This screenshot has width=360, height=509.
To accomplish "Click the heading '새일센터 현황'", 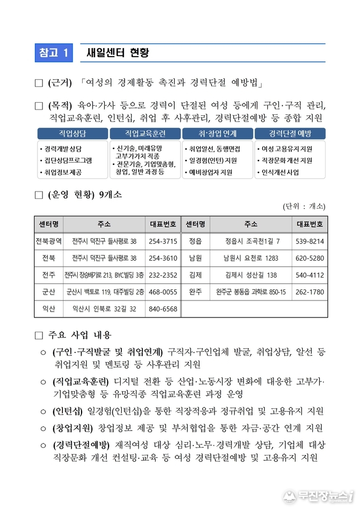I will tap(118, 52).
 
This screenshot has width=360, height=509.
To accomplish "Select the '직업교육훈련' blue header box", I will tap(145, 133).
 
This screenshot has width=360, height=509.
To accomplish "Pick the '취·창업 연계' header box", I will tap(217, 133).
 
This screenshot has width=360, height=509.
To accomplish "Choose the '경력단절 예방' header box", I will tap(290, 133).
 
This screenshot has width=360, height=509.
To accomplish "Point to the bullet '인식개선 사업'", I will tap(280, 172).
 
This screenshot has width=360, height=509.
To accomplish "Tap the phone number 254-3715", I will tap(163, 241).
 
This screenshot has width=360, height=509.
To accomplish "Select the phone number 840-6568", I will tap(163, 309).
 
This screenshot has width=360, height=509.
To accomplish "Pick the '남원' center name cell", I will tap(195, 258).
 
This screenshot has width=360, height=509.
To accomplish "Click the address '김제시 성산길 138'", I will tap(251, 275).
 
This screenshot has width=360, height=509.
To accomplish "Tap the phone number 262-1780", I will tap(310, 292).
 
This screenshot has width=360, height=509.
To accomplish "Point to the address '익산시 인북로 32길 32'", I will tap(104, 309).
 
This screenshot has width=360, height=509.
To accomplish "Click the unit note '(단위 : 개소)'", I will tap(304, 206).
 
